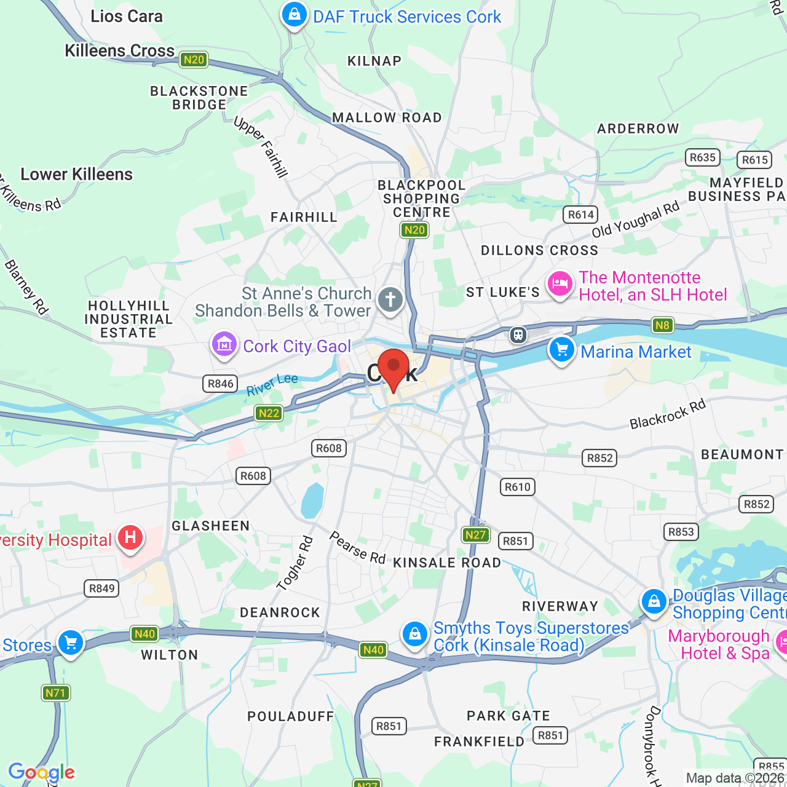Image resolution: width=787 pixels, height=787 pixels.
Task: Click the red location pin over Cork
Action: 393,366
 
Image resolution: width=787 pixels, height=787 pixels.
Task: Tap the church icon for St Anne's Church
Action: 390,300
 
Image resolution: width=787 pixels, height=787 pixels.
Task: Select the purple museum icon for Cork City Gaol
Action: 224,344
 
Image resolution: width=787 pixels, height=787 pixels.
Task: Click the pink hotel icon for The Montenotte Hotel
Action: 560,284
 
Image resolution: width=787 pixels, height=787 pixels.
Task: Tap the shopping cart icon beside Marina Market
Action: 561,349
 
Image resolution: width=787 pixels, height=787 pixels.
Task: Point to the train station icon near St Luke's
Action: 518,335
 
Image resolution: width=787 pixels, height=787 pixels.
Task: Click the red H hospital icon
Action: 130,537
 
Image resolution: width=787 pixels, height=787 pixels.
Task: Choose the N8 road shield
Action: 662,325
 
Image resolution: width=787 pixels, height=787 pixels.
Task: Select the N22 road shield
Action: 269,413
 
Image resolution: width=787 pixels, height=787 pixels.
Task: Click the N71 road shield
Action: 55,693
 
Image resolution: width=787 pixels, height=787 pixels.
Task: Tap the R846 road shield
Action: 220,384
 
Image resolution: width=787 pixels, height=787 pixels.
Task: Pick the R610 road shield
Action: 518,487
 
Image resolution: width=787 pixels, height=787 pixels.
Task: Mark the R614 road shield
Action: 580,215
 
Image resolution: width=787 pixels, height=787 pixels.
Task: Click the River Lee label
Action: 272,385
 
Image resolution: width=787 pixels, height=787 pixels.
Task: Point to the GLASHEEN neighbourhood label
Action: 211,526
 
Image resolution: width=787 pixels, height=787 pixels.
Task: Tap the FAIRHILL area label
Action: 304,217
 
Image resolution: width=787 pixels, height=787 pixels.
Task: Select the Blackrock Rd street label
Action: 668,414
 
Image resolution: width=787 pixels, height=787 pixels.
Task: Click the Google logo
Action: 41,772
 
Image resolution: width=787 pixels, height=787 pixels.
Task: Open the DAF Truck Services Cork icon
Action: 295,14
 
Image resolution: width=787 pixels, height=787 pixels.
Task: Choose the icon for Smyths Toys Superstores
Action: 415,634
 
